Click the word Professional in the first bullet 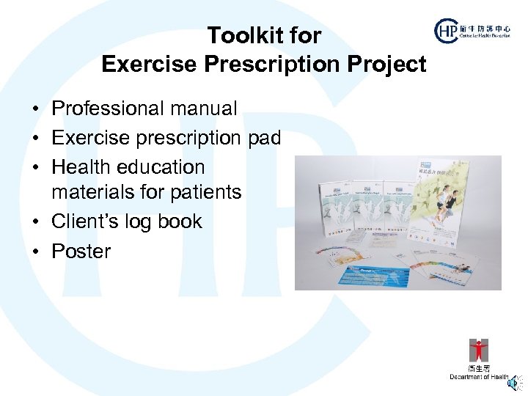pyautogui.click(x=106, y=109)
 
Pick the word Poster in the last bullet pyautogui.click(x=81, y=251)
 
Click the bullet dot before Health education pyautogui.click(x=35, y=168)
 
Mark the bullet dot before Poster pyautogui.click(x=35, y=252)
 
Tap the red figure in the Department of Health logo pyautogui.click(x=479, y=351)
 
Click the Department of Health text pyautogui.click(x=479, y=377)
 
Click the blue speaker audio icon pyautogui.click(x=518, y=381)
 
